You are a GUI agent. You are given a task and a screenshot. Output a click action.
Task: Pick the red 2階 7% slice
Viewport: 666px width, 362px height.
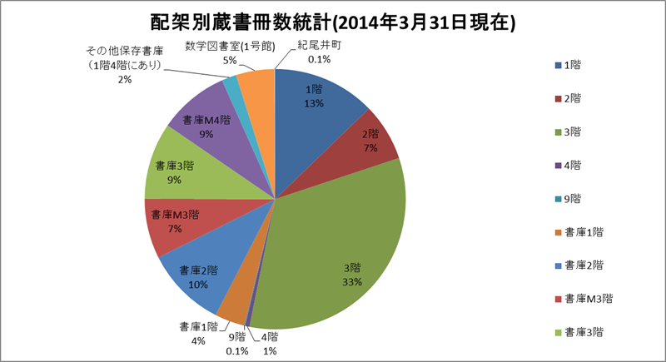pos(373,141)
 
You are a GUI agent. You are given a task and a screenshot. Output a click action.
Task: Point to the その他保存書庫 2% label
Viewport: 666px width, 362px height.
pos(125,64)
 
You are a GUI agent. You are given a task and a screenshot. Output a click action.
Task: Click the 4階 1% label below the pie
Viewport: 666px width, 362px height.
pos(270,343)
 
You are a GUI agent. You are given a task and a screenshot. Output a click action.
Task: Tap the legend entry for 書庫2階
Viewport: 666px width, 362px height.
pos(582,265)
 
